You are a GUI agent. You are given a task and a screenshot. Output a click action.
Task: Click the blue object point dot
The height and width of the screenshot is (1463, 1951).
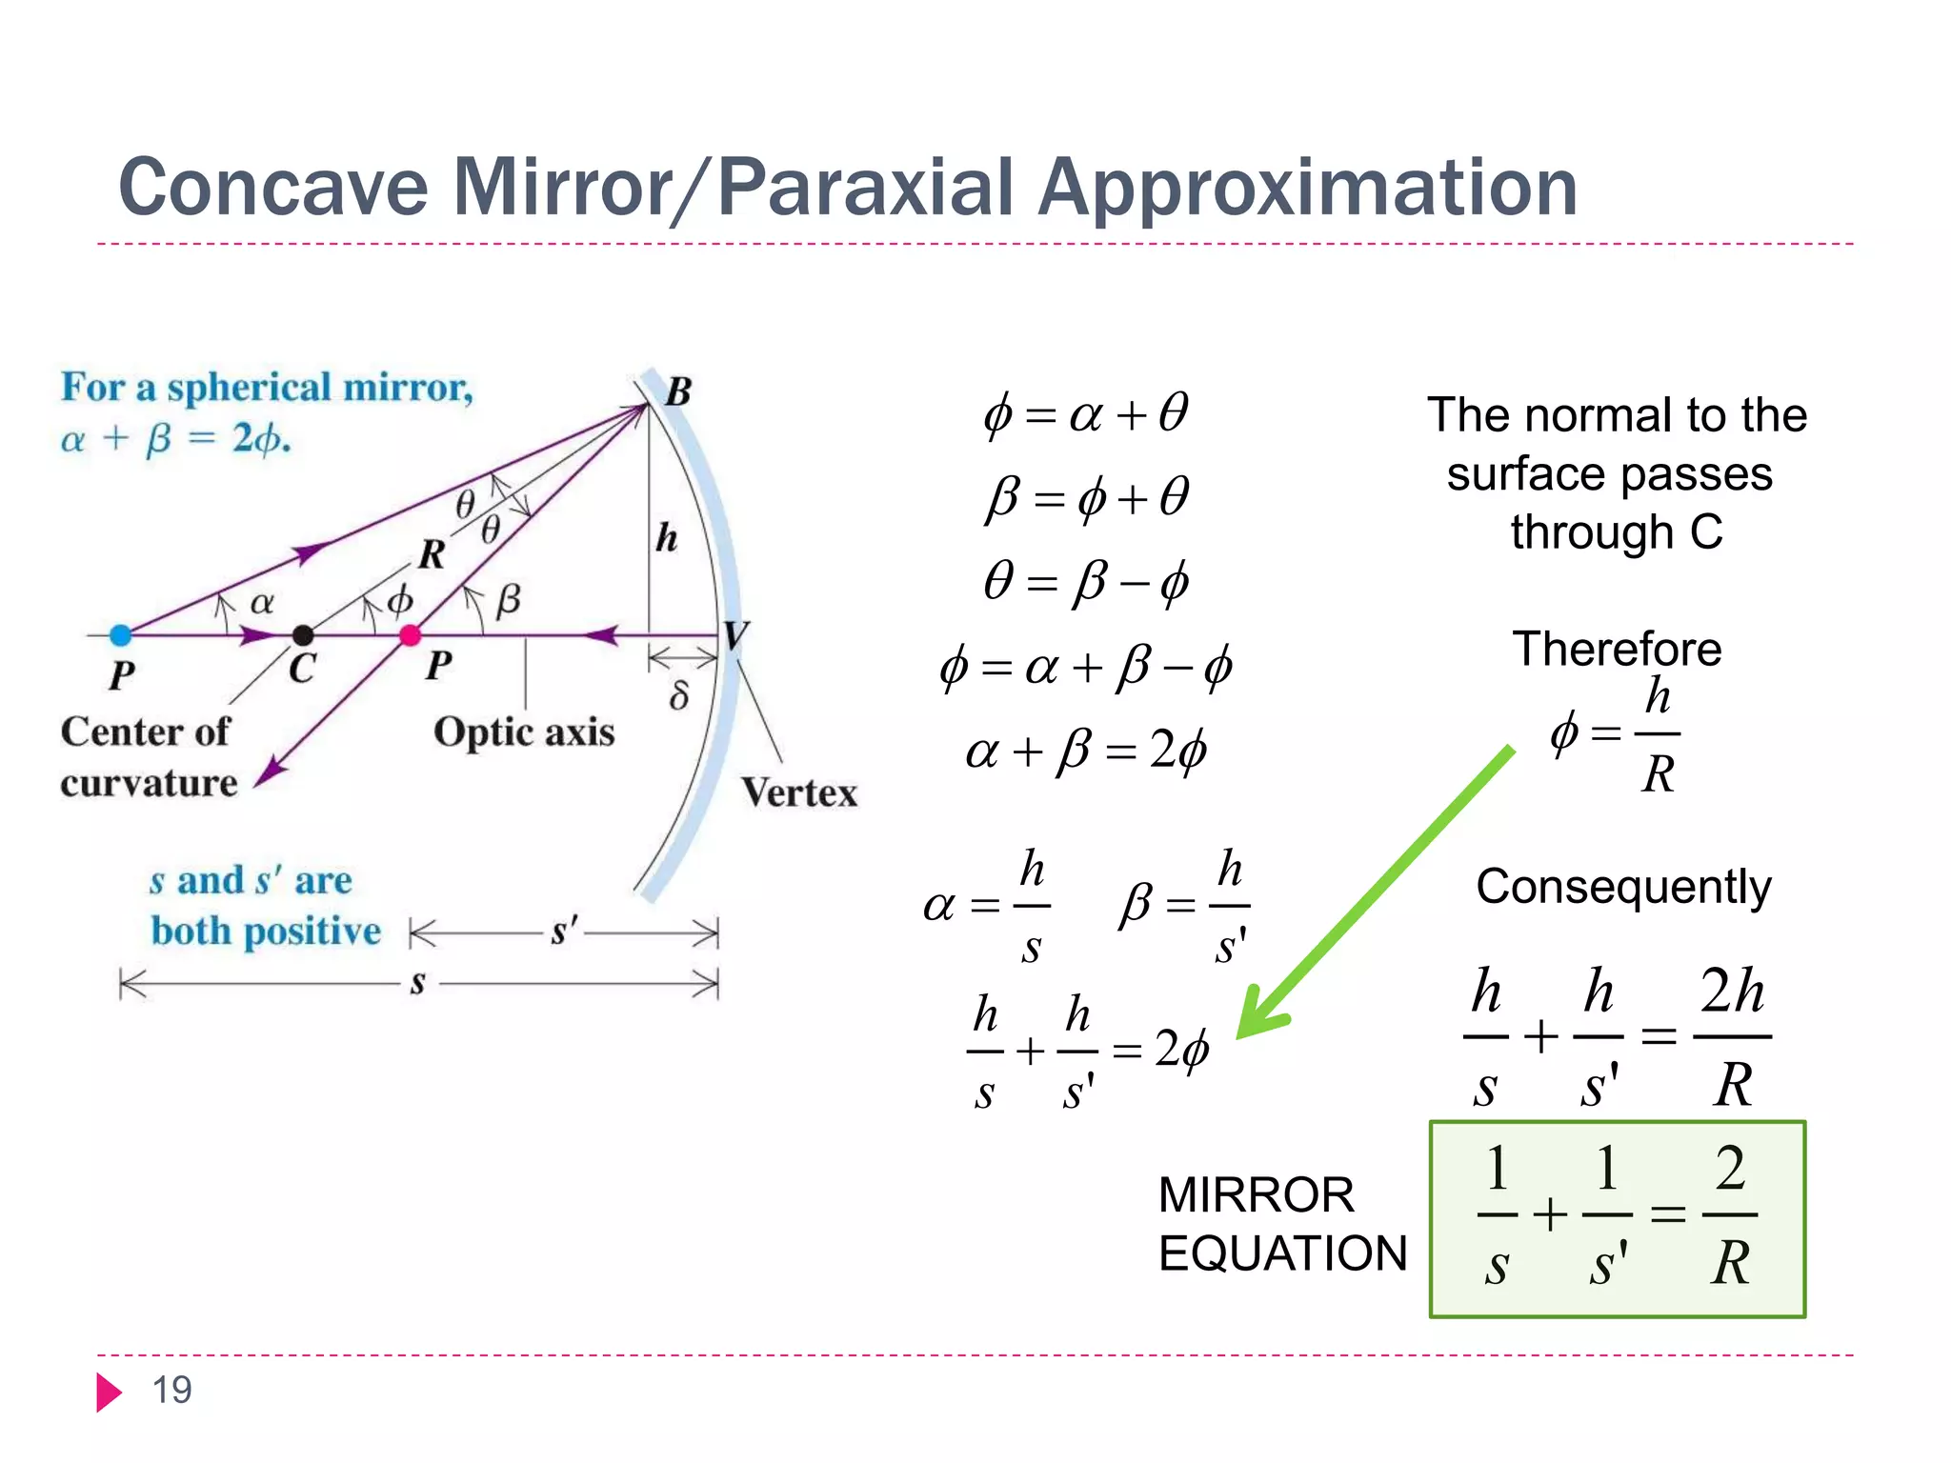(x=120, y=635)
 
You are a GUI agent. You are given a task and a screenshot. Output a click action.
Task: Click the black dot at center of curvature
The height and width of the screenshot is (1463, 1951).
(x=303, y=635)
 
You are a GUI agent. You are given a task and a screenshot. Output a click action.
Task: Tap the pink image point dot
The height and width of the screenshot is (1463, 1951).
(x=410, y=635)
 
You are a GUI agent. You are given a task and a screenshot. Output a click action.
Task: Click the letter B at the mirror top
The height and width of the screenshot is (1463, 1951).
(x=677, y=391)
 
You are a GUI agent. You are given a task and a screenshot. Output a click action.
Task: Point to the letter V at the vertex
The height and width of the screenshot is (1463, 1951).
(x=735, y=635)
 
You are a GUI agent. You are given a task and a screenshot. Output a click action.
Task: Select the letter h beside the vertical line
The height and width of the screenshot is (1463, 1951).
(x=667, y=538)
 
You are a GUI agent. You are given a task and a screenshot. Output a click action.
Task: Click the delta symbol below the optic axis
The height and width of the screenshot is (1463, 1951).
(x=678, y=696)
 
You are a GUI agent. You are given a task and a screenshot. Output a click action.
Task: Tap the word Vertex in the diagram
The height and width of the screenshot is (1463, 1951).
(x=799, y=792)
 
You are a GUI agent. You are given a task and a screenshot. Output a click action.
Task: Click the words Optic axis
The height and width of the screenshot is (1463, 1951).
(x=524, y=732)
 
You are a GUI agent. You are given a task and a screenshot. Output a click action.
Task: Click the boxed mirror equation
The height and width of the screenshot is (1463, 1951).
(x=1617, y=1219)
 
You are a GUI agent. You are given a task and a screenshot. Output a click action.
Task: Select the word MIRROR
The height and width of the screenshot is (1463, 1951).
(x=1256, y=1195)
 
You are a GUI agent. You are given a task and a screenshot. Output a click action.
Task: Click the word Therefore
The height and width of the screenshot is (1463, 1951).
(x=1617, y=650)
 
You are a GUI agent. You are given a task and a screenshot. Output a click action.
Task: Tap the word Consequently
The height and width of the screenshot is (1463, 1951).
(x=1623, y=888)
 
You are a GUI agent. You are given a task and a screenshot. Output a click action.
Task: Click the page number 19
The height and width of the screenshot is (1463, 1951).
(x=172, y=1391)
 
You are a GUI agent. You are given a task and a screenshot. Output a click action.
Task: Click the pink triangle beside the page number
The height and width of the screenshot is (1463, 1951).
(x=109, y=1393)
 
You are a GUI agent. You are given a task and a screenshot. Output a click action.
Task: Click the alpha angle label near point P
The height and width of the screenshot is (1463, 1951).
(x=262, y=602)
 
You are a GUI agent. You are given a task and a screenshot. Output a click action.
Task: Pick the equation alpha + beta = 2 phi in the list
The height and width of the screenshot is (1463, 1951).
(x=1086, y=752)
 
